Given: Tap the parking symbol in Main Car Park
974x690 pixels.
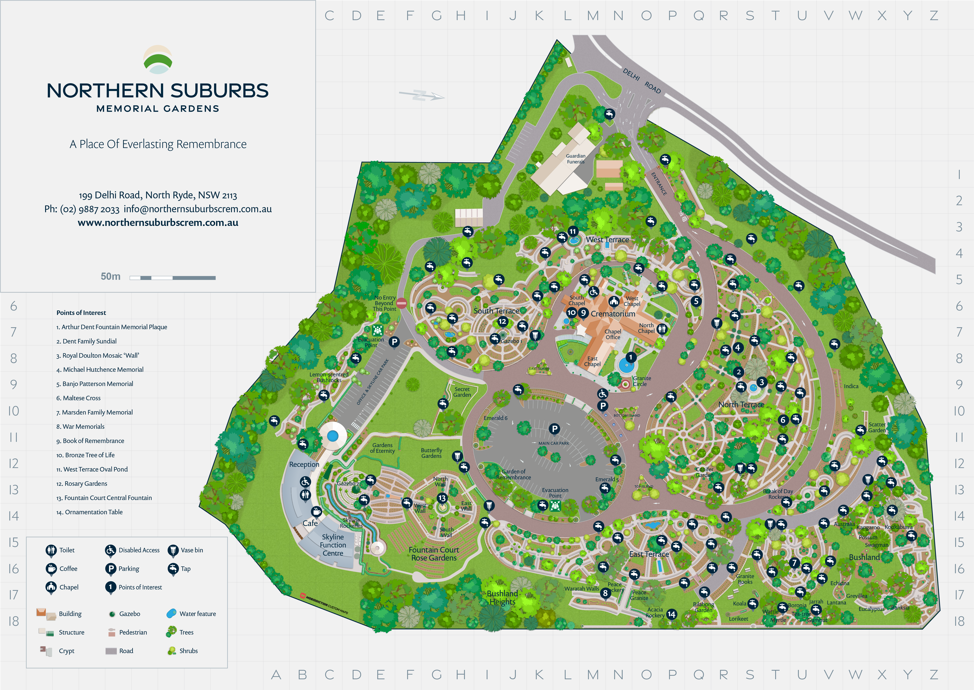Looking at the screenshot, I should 554,429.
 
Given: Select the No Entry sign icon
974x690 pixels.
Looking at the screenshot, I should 401,303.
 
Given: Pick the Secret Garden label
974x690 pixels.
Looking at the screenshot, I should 462,392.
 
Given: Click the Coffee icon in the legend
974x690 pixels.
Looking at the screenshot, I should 51,569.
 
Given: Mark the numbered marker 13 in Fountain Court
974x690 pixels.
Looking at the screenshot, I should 442,498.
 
